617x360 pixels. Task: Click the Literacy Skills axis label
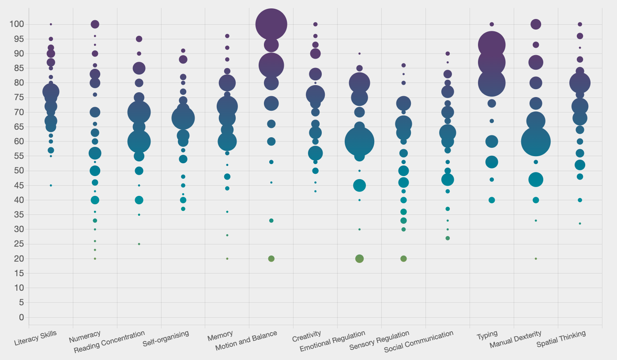point(35,338)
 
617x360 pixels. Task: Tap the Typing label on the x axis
point(487,335)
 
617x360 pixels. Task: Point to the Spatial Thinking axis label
point(561,338)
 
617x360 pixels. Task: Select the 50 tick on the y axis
point(19,171)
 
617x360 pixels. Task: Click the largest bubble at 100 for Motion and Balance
point(271,24)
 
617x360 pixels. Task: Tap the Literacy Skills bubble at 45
point(51,185)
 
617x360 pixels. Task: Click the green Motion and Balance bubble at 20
point(271,259)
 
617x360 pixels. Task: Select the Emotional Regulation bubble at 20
point(359,259)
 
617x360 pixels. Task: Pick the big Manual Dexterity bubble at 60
point(536,142)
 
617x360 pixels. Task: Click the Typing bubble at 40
point(492,200)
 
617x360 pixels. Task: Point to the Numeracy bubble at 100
point(95,24)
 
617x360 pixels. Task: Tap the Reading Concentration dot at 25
point(139,244)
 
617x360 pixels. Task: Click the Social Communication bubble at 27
point(448,238)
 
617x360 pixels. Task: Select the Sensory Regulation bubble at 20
point(403,259)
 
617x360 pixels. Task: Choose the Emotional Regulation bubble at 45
point(359,185)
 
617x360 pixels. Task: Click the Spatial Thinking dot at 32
point(580,224)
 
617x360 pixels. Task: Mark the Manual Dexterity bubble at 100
point(536,24)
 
